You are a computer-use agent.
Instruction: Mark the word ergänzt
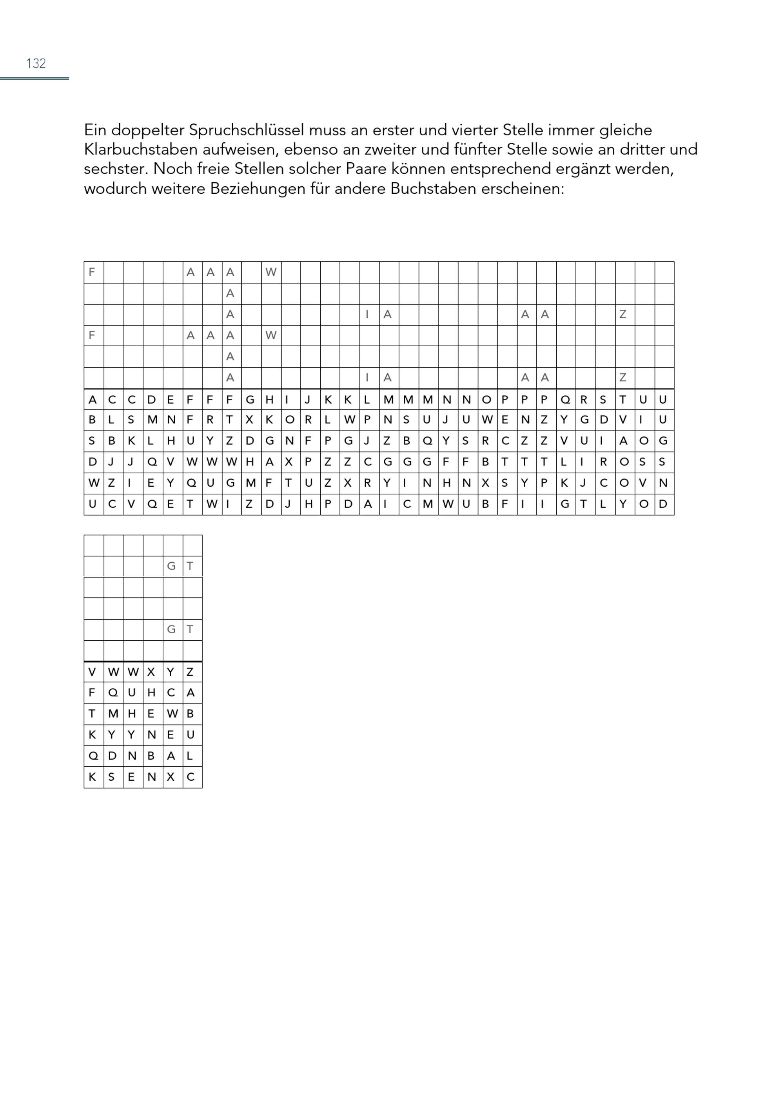click(x=565, y=169)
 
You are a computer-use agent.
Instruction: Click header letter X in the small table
click(x=151, y=672)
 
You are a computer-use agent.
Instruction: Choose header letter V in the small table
click(x=92, y=672)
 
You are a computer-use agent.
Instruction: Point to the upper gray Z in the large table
click(x=623, y=314)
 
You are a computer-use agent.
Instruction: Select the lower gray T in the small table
click(x=190, y=629)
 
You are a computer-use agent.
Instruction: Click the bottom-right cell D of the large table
click(x=663, y=504)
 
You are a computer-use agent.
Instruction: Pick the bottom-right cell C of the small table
click(x=190, y=777)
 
